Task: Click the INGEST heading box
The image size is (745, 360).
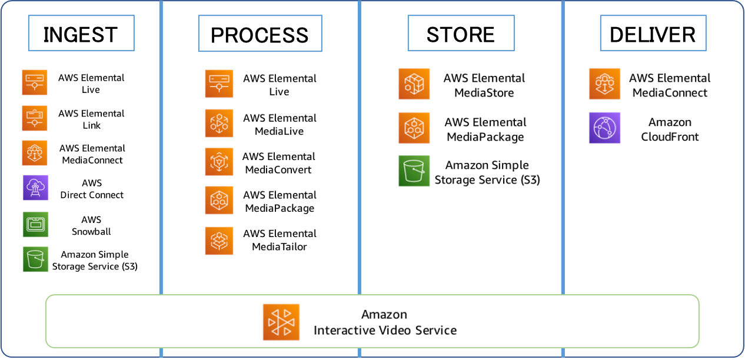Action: [81, 34]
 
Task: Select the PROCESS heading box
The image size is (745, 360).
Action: [260, 34]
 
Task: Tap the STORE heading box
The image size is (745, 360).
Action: [461, 33]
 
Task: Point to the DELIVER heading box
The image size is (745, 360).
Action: [653, 34]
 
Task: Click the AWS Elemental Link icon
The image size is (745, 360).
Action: [35, 118]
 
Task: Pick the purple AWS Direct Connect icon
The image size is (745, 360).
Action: [35, 188]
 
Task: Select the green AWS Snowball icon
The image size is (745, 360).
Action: [35, 224]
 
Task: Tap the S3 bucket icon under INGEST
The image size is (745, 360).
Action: [35, 259]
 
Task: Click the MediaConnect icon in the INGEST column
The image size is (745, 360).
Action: [35, 153]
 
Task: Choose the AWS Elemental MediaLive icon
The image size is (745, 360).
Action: [219, 123]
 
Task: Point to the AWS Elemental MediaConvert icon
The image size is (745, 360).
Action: [219, 162]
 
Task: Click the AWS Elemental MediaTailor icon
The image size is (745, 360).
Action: [219, 241]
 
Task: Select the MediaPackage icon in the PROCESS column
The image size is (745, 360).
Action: [219, 201]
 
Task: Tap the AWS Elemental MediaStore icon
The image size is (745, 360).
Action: [414, 84]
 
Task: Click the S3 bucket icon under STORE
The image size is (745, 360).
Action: [414, 171]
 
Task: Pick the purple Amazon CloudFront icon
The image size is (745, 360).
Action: [604, 128]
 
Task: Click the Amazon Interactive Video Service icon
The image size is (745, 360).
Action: [281, 322]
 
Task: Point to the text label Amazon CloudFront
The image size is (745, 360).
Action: [670, 129]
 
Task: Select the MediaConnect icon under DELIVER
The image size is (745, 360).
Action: [604, 84]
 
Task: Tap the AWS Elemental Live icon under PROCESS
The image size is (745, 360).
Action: [219, 84]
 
